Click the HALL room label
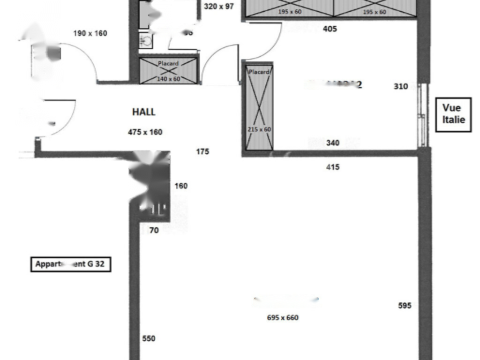[143, 112]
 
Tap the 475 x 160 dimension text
[145, 132]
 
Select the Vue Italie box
[453, 114]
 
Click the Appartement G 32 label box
[70, 264]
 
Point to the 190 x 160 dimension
[90, 33]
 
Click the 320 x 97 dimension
[219, 7]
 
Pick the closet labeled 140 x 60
[169, 70]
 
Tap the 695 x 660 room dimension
[283, 318]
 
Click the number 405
[330, 29]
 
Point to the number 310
[401, 86]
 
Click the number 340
[333, 143]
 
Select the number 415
[333, 167]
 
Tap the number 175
[202, 152]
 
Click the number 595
[405, 306]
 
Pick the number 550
[149, 339]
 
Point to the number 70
[154, 230]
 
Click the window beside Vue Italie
[423, 115]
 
